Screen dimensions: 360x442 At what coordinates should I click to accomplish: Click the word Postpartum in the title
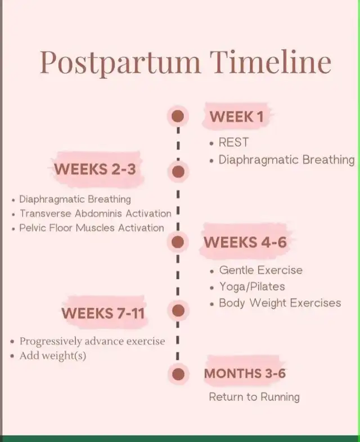tap(120, 62)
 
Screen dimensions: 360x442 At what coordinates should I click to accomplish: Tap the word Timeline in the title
tap(271, 62)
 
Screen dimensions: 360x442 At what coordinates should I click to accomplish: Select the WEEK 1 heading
tap(237, 117)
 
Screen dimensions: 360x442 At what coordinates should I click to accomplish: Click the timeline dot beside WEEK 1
tap(178, 116)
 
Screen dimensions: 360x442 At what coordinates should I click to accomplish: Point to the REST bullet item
tap(233, 142)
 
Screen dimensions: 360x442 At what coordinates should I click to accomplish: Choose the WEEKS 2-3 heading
tap(95, 169)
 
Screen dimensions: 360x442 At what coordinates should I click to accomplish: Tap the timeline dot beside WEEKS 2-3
tap(178, 172)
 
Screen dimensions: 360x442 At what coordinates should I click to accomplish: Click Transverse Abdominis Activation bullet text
tap(96, 213)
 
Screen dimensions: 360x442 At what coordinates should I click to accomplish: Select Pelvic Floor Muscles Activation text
tap(92, 228)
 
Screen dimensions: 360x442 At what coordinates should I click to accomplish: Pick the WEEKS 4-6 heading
tap(245, 242)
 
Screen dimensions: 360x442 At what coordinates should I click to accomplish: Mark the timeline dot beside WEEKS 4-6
tap(178, 242)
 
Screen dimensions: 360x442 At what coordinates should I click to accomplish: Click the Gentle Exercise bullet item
tap(261, 270)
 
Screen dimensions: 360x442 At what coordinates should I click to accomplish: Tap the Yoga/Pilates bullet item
tap(252, 287)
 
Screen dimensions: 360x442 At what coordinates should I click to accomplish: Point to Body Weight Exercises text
tap(280, 303)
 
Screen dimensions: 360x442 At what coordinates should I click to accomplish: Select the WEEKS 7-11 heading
tap(103, 313)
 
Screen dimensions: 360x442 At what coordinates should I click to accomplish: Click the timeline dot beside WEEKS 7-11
tap(178, 311)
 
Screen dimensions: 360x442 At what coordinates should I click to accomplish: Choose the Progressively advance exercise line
tap(92, 341)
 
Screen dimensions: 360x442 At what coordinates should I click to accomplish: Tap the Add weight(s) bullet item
tap(53, 356)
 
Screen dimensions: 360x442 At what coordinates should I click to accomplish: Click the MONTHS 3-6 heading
tap(245, 373)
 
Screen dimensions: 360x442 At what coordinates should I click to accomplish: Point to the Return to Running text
tap(254, 397)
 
